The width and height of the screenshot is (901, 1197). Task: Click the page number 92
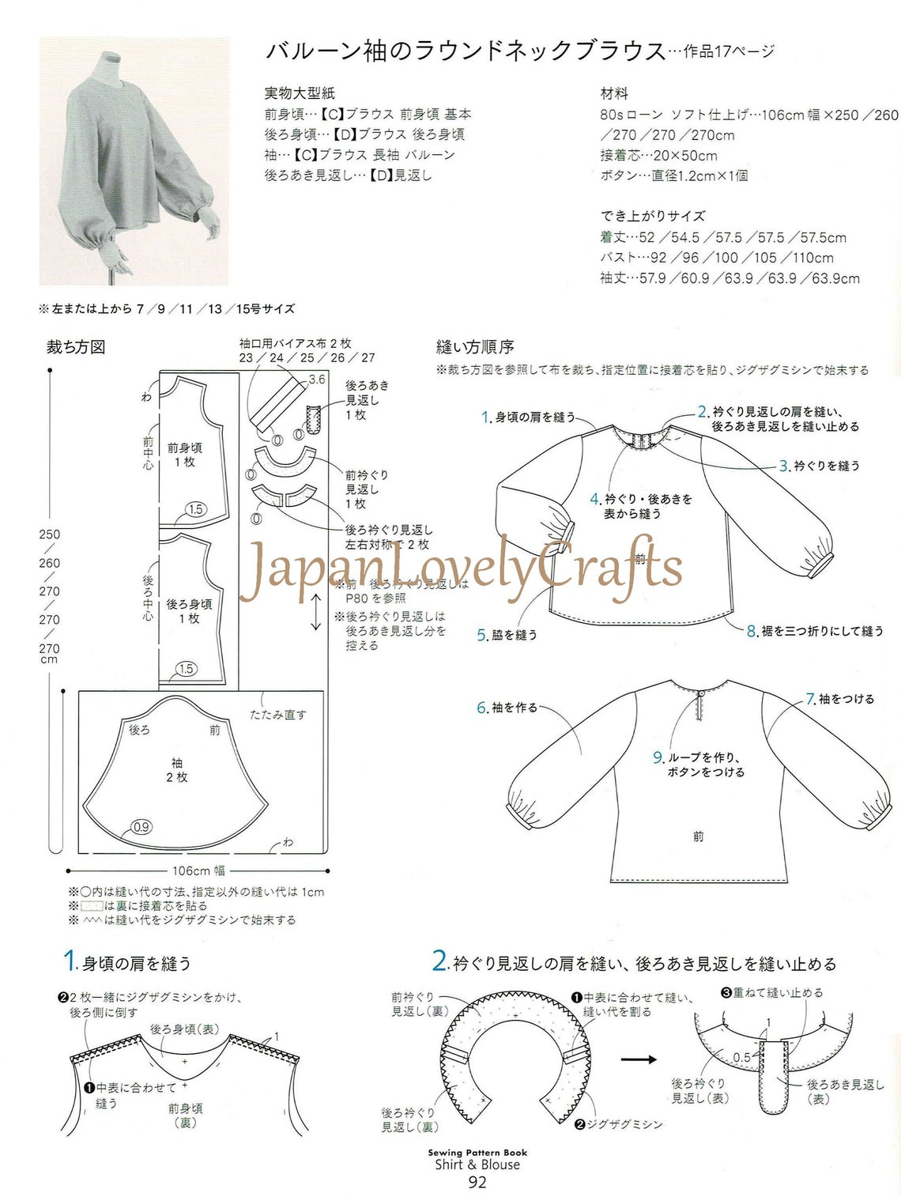(x=477, y=1182)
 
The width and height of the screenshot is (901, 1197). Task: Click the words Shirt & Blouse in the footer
(x=477, y=1165)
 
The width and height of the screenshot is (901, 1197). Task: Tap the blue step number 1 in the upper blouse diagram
(x=486, y=417)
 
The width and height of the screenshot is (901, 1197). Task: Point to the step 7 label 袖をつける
(x=846, y=699)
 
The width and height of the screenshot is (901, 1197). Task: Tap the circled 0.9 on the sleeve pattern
(x=141, y=827)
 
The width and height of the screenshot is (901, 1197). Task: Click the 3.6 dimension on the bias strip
(x=317, y=379)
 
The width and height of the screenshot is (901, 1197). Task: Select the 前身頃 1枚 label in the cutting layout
(x=185, y=455)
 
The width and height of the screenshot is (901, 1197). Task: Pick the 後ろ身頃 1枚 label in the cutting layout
(x=189, y=611)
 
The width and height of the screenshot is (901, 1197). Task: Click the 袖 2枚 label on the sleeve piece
(x=177, y=770)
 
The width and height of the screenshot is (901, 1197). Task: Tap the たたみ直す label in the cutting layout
(x=278, y=715)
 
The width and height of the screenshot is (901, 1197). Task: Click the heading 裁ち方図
(x=76, y=347)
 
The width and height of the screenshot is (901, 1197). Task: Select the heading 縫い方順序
(x=475, y=347)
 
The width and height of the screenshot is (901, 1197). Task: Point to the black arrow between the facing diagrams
(x=639, y=1059)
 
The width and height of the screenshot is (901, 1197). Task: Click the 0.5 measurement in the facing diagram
(x=741, y=1057)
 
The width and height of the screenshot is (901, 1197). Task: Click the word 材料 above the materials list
(x=614, y=93)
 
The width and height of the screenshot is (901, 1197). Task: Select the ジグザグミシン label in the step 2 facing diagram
(x=624, y=1124)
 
